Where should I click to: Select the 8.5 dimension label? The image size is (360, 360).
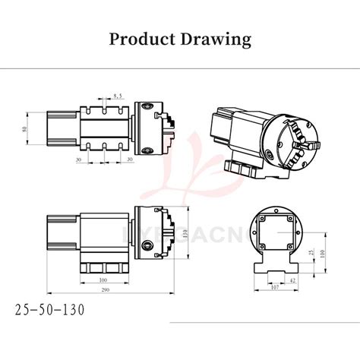coord(118,96)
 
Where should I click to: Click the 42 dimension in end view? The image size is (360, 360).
coord(292,279)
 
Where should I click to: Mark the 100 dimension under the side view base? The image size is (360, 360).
coord(103,280)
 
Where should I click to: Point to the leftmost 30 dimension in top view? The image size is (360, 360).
coord(78,159)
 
